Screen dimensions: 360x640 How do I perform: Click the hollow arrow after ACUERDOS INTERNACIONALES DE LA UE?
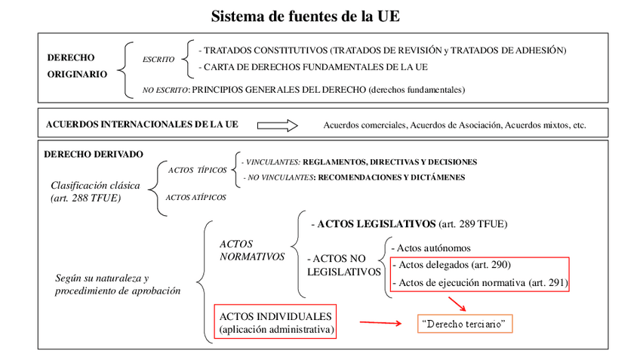click(278, 125)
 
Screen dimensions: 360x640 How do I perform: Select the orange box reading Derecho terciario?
click(465, 325)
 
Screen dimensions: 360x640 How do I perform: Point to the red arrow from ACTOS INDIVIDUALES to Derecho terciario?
click(380, 323)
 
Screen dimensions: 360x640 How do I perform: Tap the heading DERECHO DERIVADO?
click(94, 154)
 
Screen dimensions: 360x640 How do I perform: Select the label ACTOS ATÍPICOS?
click(195, 198)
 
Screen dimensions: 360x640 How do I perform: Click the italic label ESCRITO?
click(158, 59)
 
